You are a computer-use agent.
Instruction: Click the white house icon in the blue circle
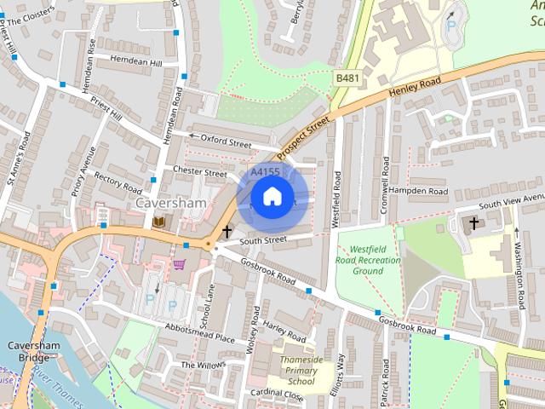tap(272, 197)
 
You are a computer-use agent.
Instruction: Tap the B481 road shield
tap(346, 78)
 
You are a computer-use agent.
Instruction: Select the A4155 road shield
tap(265, 172)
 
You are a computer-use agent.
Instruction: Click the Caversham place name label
tap(171, 204)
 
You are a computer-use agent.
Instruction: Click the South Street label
tap(263, 240)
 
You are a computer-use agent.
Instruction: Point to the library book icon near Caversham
tap(159, 222)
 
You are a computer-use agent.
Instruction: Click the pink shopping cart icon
tap(179, 264)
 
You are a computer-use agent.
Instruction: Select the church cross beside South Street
tap(227, 231)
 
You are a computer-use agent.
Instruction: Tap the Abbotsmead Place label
tap(200, 333)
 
